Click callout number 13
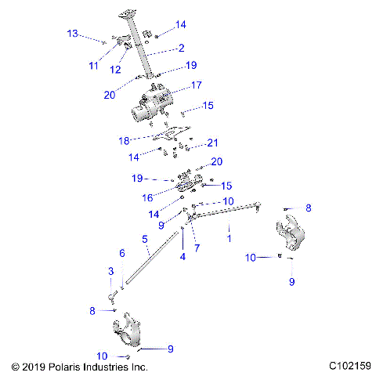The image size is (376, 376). (72, 34)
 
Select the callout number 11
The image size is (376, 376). (94, 65)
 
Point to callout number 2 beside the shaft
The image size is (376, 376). (181, 49)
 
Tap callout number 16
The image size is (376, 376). (147, 198)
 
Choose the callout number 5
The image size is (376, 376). (144, 238)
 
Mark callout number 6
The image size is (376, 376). (121, 253)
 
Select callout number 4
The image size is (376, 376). (183, 256)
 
